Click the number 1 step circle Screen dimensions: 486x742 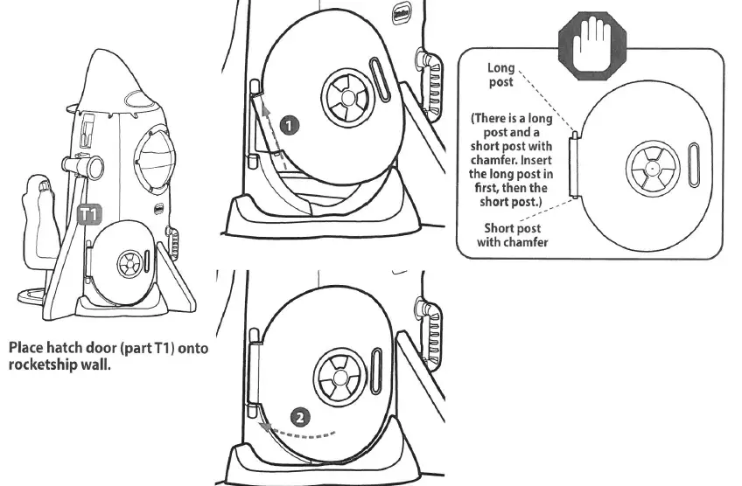(290, 128)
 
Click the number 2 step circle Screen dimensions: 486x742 (301, 417)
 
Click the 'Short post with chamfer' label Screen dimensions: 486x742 (513, 235)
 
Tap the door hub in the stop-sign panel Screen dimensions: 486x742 (652, 166)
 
